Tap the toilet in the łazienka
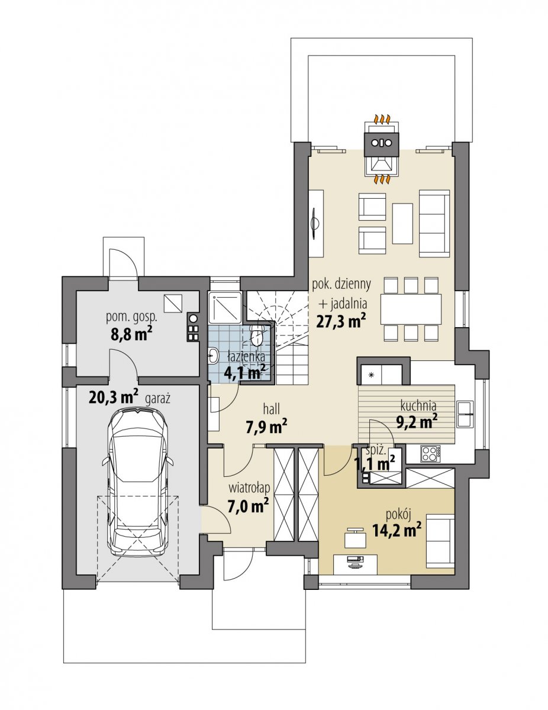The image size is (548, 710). (x=257, y=334)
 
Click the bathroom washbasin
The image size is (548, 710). (x=214, y=356)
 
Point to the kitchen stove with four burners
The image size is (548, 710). (x=430, y=453)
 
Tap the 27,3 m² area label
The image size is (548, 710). (x=341, y=321)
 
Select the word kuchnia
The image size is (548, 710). (x=418, y=405)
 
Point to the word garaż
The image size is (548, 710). (x=158, y=399)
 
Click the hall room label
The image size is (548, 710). (x=272, y=408)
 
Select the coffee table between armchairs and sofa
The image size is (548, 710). (x=402, y=224)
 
